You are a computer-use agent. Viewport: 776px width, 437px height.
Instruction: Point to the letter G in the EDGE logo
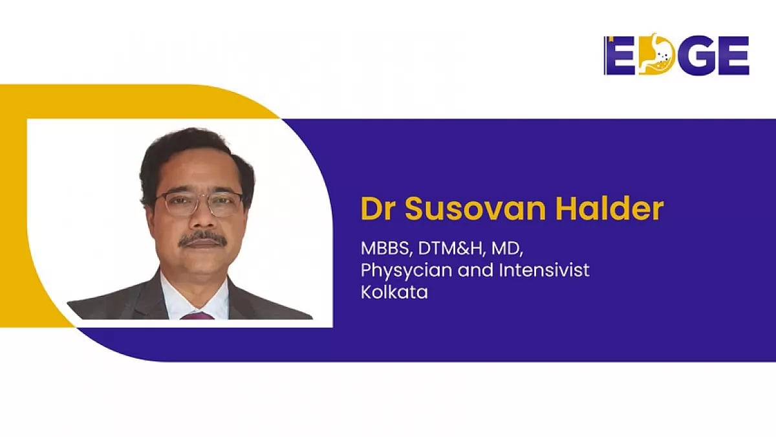(695, 55)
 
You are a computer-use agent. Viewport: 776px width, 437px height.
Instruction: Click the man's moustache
(202, 239)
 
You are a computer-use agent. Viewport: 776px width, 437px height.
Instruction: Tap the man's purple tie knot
(197, 315)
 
